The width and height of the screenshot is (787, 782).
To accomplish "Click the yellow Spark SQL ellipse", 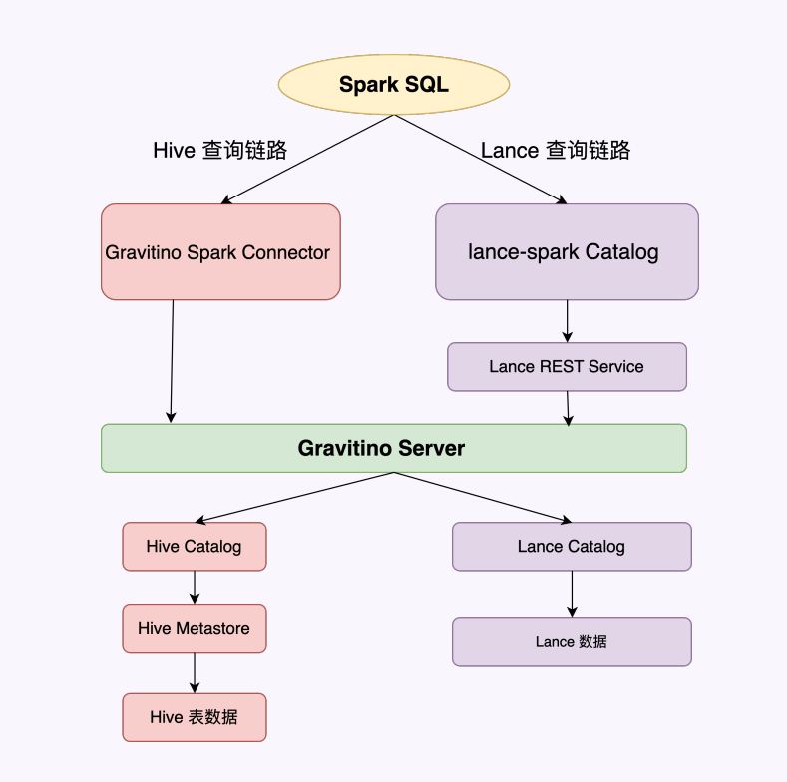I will pyautogui.click(x=394, y=85).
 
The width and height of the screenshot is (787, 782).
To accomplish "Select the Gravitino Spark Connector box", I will pyautogui.click(x=220, y=252).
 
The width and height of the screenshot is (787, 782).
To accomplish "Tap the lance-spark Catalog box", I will pyautogui.click(x=567, y=252).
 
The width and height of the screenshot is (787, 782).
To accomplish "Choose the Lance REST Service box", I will pyautogui.click(x=567, y=367).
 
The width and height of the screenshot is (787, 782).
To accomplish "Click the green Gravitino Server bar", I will pyautogui.click(x=393, y=448).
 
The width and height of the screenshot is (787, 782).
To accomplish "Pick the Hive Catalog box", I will pyautogui.click(x=195, y=547).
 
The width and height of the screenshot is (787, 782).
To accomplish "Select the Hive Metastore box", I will pyautogui.click(x=195, y=629).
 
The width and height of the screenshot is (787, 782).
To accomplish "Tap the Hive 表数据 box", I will pyautogui.click(x=195, y=717).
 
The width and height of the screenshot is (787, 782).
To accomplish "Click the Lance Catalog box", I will pyautogui.click(x=572, y=547).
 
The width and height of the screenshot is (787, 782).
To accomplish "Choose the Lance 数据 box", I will pyautogui.click(x=572, y=642).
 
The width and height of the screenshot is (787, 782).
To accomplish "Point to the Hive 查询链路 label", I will pyautogui.click(x=220, y=151).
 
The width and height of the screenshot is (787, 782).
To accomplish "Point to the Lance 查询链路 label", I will pyautogui.click(x=556, y=151).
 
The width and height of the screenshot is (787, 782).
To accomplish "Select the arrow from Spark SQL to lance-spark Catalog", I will pyautogui.click(x=480, y=160).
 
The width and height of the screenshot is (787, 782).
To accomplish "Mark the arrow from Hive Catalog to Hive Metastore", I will pyautogui.click(x=195, y=587).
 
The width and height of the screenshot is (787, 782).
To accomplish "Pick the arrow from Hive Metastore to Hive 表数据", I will pyautogui.click(x=195, y=673).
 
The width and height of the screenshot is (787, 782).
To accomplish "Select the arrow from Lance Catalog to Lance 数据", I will pyautogui.click(x=572, y=594).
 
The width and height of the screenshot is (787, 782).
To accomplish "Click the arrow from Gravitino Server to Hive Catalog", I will pyautogui.click(x=295, y=497).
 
